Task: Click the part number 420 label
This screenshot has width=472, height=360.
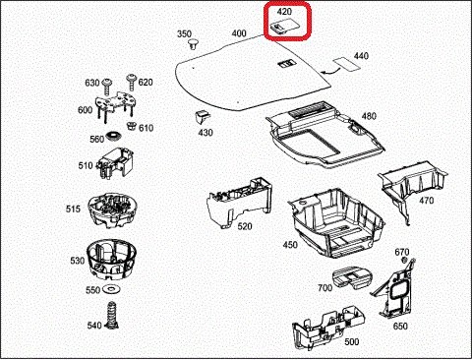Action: point(284,12)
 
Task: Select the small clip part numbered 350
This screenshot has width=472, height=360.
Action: point(193,44)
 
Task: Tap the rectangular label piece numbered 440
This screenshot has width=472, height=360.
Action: point(347,64)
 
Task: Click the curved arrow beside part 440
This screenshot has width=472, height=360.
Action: point(329,70)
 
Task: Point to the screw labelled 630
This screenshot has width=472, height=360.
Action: point(107,86)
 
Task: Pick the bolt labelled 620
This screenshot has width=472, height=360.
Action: point(132,82)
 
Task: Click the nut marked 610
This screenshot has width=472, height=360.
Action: point(132,126)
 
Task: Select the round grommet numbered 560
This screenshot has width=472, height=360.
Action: point(114,136)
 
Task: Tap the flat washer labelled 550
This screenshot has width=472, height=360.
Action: point(112,289)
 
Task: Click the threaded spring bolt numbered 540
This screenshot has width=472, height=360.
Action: point(112,315)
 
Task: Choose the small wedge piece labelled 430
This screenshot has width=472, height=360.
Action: point(203,117)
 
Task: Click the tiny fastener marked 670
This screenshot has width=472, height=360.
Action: point(404,260)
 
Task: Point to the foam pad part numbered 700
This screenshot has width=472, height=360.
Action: point(351,277)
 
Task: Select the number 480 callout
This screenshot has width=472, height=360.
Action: point(369,116)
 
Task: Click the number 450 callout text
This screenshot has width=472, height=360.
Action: point(290,245)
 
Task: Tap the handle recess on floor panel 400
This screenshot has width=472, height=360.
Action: point(287,64)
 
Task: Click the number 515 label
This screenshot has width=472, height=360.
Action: point(73,209)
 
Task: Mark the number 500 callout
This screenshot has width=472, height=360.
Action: point(352,342)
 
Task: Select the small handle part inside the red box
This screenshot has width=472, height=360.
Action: point(284,26)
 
